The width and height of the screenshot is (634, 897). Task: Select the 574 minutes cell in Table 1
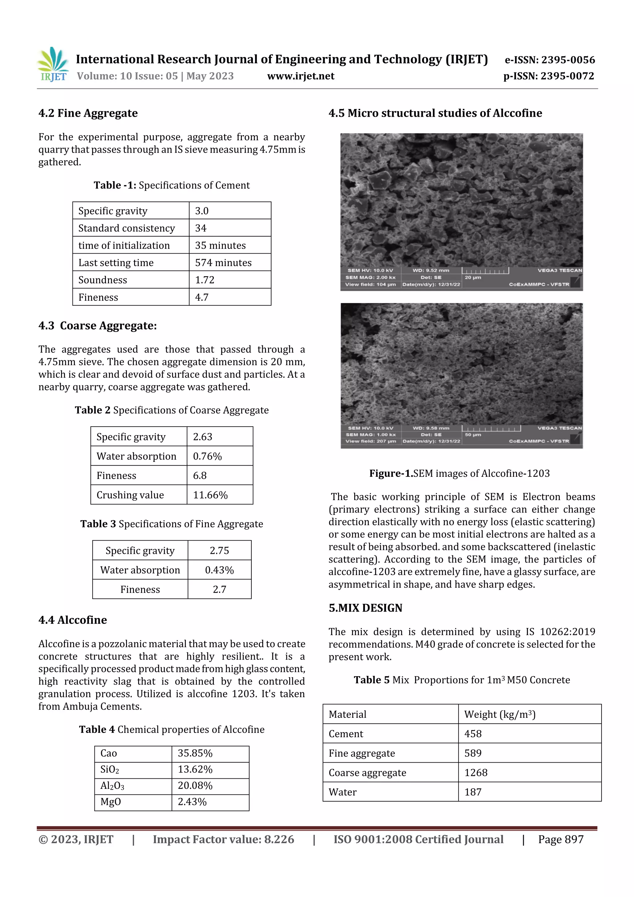223,263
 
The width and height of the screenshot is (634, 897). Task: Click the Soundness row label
103,280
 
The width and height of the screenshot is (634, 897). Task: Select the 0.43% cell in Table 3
219,570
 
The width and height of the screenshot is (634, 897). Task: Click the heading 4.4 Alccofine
73,620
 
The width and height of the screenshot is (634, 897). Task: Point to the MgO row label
111,801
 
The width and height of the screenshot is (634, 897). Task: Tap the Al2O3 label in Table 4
112,785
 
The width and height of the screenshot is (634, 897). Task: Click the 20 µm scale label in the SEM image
473,277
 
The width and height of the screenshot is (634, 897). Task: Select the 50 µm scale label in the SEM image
473,434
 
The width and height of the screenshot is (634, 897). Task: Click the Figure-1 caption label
391,473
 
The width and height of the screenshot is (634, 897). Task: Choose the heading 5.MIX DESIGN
365,607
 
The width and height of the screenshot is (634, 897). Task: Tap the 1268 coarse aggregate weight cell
476,772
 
